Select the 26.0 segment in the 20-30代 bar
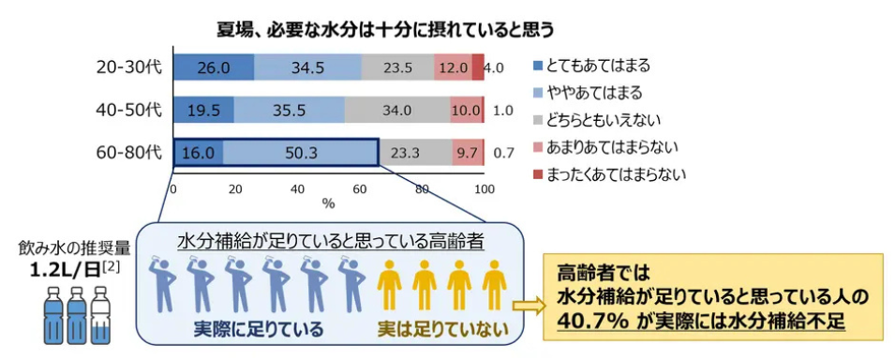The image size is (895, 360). (213, 67)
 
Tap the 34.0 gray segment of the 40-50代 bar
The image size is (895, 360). (396, 110)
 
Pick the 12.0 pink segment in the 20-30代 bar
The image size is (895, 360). (452, 67)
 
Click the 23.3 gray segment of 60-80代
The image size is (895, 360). (413, 152)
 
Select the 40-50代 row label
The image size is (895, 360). (128, 110)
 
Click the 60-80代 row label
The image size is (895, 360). (128, 151)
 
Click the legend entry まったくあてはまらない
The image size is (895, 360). (616, 174)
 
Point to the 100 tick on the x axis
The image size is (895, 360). (484, 188)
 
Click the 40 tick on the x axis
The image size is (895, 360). (297, 188)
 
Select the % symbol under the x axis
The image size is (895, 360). (327, 202)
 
